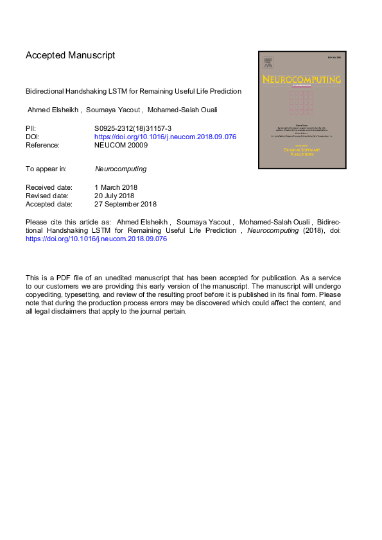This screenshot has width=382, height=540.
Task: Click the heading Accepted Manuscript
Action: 70,55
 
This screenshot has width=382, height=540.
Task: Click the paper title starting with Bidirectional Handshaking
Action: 134,91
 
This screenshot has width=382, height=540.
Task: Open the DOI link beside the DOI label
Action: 165,137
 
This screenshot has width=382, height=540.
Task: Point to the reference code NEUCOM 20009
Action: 121,145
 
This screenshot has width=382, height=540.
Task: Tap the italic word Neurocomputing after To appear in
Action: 121,169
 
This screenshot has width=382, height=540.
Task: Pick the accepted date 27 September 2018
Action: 126,204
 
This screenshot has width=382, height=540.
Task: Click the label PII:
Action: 31,128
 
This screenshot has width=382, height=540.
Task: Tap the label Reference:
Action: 42,145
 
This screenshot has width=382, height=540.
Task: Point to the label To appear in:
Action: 46,169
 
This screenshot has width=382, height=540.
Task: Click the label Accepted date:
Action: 49,204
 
